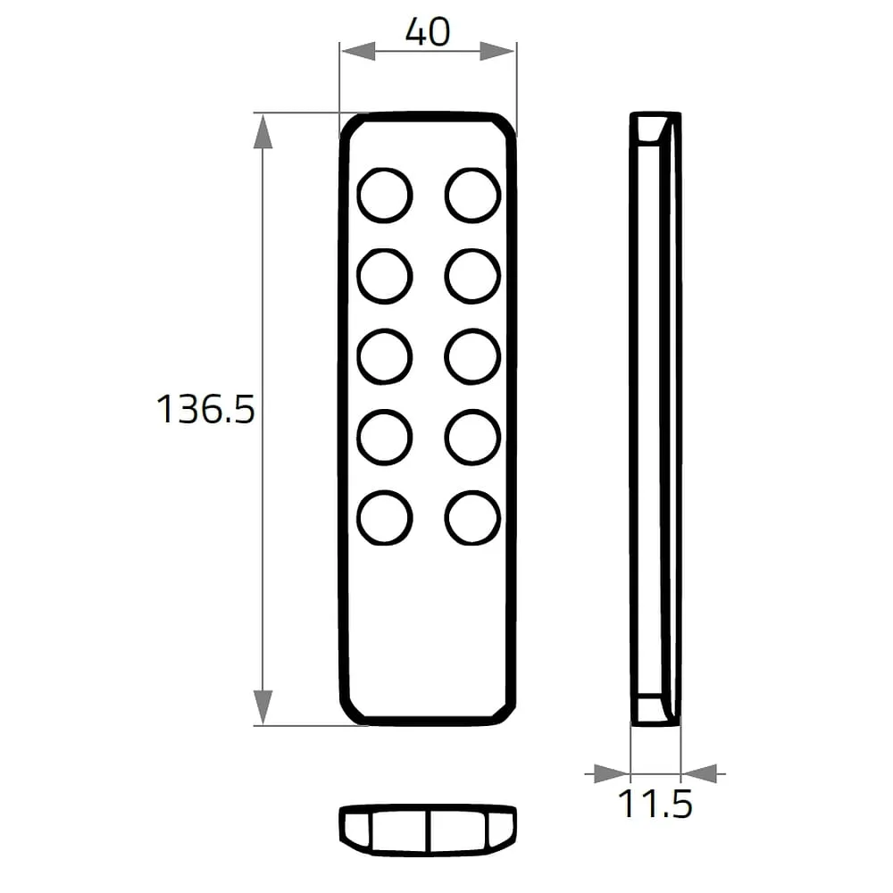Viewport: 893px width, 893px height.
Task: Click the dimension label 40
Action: [428, 32]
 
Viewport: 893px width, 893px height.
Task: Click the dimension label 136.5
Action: [205, 410]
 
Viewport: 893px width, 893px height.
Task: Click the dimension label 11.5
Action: [655, 804]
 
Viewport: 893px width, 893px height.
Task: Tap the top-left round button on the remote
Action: [385, 196]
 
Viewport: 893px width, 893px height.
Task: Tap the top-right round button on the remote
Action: [472, 196]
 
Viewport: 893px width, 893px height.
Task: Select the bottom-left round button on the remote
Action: [385, 518]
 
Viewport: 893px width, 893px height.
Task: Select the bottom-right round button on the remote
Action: [472, 518]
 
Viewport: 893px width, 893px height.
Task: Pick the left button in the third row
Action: [385, 356]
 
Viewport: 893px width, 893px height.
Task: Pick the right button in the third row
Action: [472, 356]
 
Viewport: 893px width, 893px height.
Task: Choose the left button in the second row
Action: [385, 276]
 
